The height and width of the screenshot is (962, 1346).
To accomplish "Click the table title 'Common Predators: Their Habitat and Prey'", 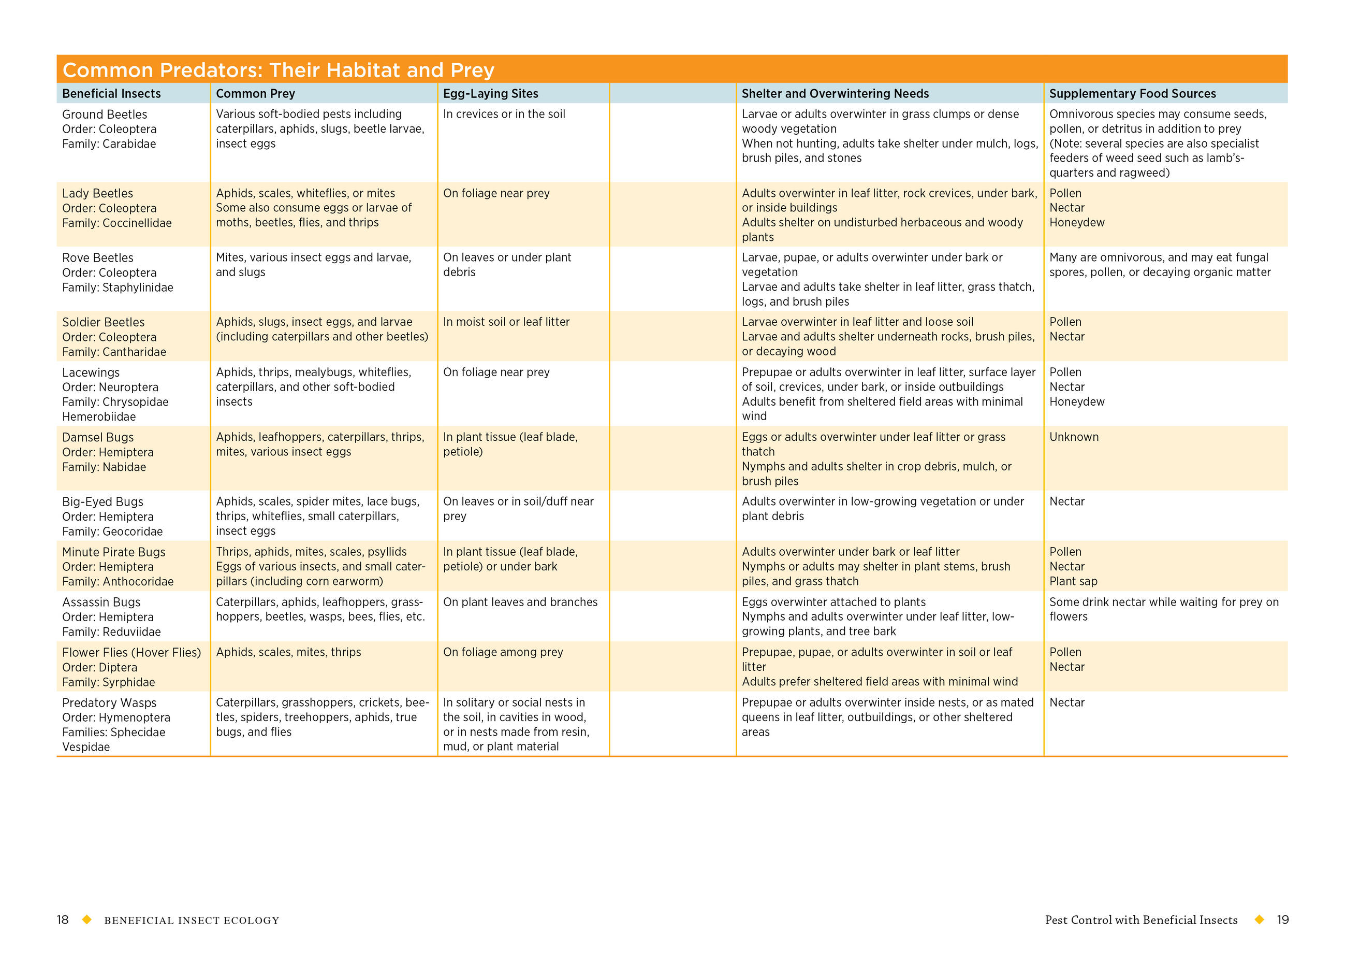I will pyautogui.click(x=278, y=70).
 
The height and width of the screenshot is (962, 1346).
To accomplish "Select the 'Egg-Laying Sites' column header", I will pyautogui.click(x=491, y=94).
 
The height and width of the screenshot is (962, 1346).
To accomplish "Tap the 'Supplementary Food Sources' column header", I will pyautogui.click(x=1132, y=94).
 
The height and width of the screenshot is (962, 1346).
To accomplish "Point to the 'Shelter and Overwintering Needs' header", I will pyautogui.click(x=835, y=94).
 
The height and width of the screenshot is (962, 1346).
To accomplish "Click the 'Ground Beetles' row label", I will pyautogui.click(x=105, y=114).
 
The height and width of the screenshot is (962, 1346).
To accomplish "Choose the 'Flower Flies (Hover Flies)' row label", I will pyautogui.click(x=131, y=652).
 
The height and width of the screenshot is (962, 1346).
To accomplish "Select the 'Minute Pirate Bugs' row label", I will pyautogui.click(x=114, y=552).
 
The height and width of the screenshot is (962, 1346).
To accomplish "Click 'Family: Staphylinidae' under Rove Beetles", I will pyautogui.click(x=118, y=288).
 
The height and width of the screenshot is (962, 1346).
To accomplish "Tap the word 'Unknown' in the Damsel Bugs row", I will pyautogui.click(x=1074, y=437).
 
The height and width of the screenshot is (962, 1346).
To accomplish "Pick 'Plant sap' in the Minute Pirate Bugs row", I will pyautogui.click(x=1073, y=581).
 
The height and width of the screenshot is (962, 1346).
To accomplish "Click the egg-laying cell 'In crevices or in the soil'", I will pyautogui.click(x=504, y=114).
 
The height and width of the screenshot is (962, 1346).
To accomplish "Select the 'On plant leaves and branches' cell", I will pyautogui.click(x=520, y=602).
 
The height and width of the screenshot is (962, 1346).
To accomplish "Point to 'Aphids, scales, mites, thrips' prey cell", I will pyautogui.click(x=288, y=652).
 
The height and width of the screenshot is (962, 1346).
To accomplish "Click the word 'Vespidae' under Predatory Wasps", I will pyautogui.click(x=86, y=747).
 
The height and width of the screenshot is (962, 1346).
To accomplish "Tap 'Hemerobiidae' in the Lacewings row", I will pyautogui.click(x=99, y=417).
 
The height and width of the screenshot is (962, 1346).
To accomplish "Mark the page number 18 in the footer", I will pyautogui.click(x=63, y=920).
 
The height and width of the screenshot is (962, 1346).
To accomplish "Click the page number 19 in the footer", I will pyautogui.click(x=1282, y=920).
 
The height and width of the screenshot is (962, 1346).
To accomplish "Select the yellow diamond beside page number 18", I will pyautogui.click(x=87, y=920).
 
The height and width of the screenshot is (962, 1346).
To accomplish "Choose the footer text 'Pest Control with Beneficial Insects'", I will pyautogui.click(x=1140, y=920).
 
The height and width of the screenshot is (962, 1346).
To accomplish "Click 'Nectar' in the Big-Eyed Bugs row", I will pyautogui.click(x=1066, y=502).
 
